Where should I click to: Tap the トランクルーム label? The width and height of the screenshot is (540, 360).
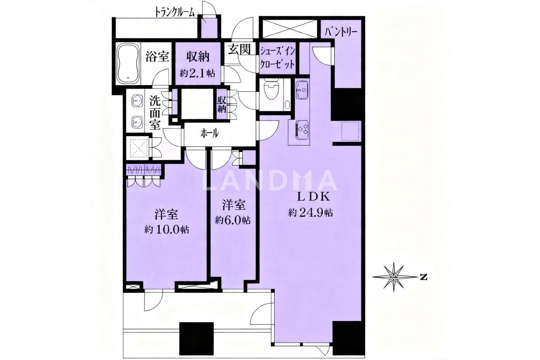coord(175,12)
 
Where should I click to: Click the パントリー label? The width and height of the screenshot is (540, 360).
coord(341,32)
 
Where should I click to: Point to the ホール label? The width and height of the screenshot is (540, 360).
coord(210,133)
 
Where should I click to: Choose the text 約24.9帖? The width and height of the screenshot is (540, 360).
coord(311,213)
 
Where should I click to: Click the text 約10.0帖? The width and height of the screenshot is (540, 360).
coord(167,230)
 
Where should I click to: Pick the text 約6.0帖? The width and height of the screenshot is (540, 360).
coord(233,220)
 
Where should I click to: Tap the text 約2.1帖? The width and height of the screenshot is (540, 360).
coord(197,73)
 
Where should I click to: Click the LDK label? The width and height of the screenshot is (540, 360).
coord(313,198)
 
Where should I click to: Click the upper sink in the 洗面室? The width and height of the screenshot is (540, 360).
coord(137,100)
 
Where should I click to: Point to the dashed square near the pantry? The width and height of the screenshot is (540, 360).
coord(351,131)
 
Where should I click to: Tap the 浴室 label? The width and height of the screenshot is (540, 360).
coord(157,57)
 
